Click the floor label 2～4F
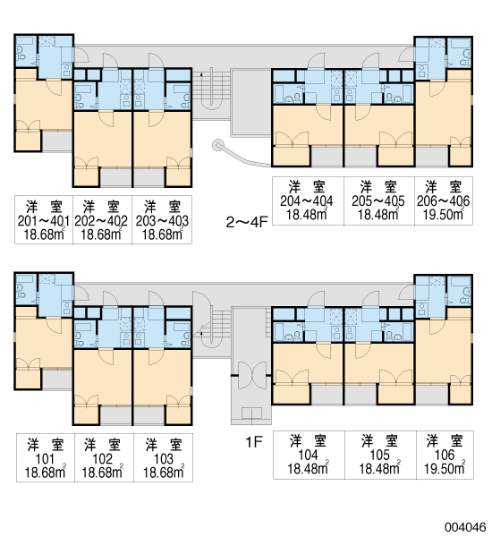coord(247,222)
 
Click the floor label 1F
coord(254,442)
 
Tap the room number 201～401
coord(44,221)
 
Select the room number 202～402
coord(101,221)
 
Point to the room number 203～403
coord(162,221)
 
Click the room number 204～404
coord(307,201)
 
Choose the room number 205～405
coord(378,201)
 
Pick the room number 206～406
coord(444,201)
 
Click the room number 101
coord(46,459)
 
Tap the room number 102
coord(103,459)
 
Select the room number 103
coord(164,459)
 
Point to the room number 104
coord(309,456)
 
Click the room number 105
coord(380,456)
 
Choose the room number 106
coord(445,456)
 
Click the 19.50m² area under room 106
coord(445,468)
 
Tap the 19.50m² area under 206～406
coord(444,214)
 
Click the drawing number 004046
coord(465,527)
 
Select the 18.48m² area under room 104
coord(309,468)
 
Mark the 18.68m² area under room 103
coord(164,473)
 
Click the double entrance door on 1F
coord(251,375)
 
